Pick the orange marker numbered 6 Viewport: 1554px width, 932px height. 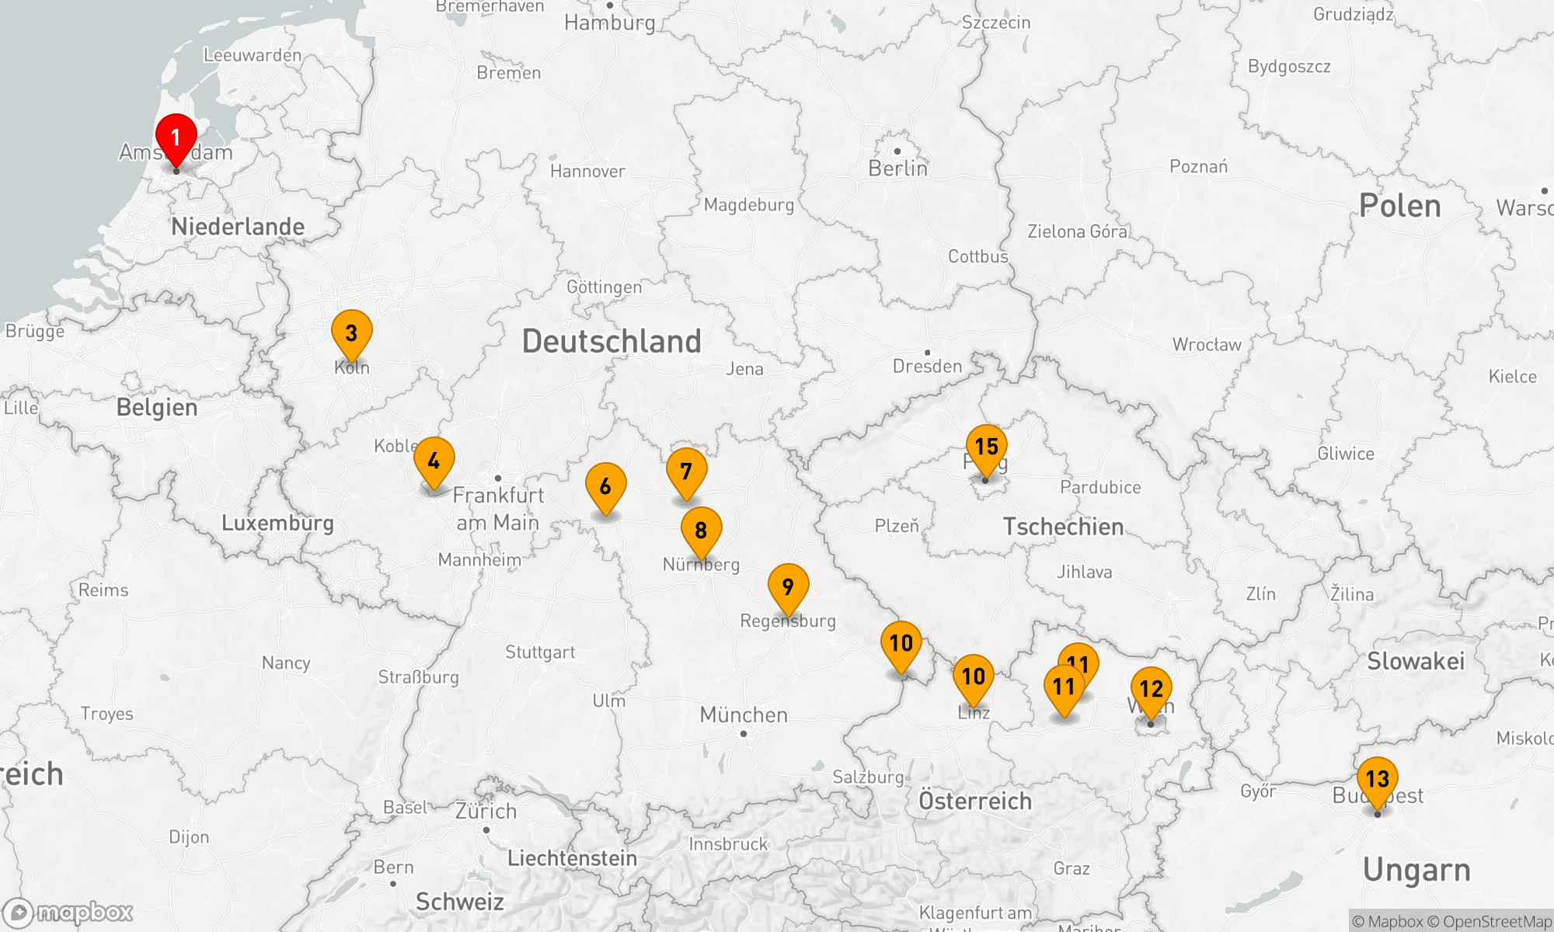(605, 487)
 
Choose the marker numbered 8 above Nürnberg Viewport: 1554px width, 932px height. (701, 530)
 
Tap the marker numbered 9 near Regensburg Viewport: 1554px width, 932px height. (788, 587)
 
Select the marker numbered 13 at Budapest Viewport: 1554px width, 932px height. (1377, 779)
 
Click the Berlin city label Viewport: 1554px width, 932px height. (897, 169)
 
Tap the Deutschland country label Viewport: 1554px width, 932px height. (611, 342)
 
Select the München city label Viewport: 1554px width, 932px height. (744, 715)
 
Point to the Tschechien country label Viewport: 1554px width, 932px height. (1063, 527)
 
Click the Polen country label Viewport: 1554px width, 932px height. (1399, 206)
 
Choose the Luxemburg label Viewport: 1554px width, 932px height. (277, 523)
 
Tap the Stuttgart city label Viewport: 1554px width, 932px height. (540, 652)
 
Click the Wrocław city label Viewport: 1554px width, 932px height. (1207, 345)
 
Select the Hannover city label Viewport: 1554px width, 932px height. (587, 171)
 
